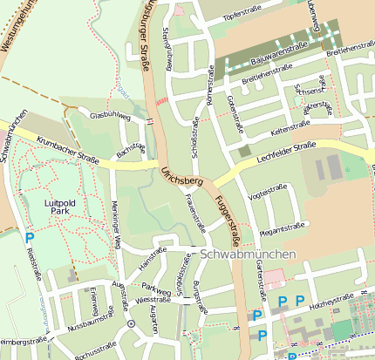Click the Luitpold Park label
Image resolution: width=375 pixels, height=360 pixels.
tap(60, 207)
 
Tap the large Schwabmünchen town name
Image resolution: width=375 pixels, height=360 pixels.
tap(249, 255)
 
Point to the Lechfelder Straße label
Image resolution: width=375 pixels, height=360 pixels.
tap(287, 155)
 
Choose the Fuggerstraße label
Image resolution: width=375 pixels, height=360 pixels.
tap(228, 214)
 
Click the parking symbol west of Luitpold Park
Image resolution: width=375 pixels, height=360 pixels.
tap(30, 237)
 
